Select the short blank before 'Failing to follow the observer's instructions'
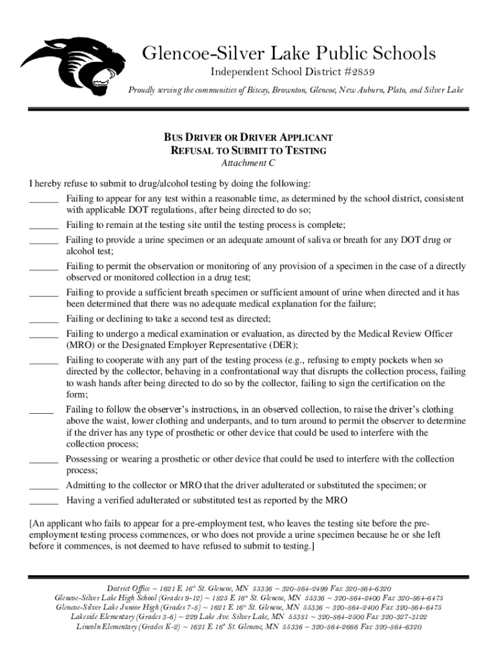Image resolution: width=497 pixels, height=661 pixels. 41,410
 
